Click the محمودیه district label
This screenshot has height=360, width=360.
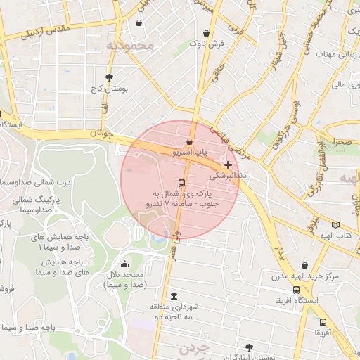(x=134, y=46)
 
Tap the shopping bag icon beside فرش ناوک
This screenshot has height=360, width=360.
(x=206, y=33)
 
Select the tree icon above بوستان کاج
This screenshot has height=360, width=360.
(x=108, y=77)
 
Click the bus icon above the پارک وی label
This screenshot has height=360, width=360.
(x=182, y=183)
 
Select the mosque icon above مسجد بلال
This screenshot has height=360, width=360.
(x=124, y=264)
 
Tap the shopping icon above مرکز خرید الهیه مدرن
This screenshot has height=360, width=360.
(x=304, y=266)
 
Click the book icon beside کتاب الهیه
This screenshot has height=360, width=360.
(x=335, y=225)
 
